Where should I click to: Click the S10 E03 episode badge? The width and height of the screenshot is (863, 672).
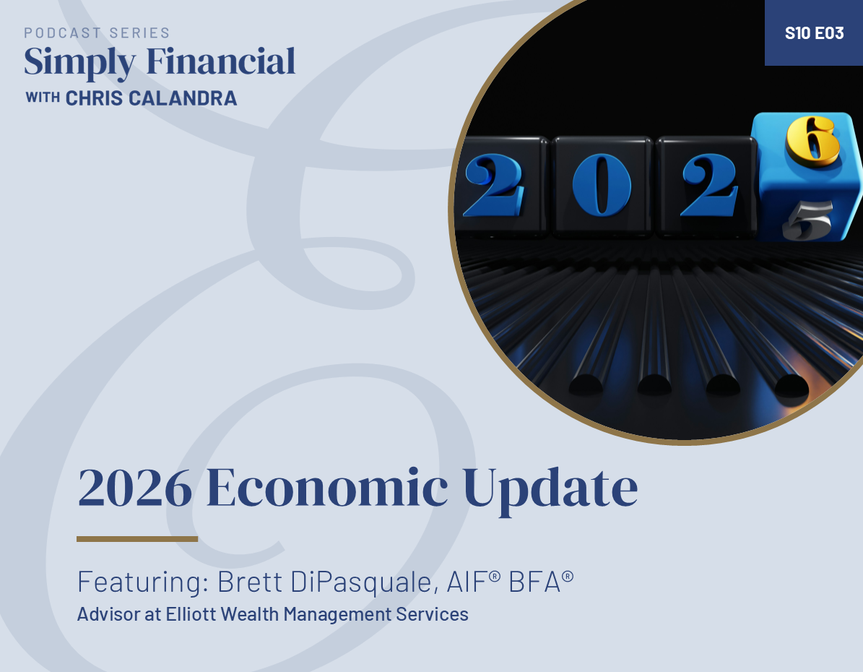[814, 33]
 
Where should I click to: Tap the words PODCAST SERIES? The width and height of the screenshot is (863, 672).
[97, 33]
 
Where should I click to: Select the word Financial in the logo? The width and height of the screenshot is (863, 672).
[221, 61]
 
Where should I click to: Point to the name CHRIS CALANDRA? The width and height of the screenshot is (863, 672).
[152, 98]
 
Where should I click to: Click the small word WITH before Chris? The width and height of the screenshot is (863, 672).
[43, 98]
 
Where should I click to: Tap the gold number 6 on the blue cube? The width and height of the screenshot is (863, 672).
[812, 140]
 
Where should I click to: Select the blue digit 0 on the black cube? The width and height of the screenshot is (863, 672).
[602, 184]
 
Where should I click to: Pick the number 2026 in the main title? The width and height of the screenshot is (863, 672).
[135, 488]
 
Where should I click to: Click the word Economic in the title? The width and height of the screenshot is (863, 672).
[327, 487]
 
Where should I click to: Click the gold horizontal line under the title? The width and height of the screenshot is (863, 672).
[137, 539]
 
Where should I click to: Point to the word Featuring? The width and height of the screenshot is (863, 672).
[143, 582]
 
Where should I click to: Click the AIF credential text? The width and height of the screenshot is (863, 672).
[473, 582]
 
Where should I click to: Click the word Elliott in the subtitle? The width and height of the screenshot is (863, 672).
[191, 614]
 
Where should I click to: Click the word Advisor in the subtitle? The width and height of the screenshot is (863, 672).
[108, 614]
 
